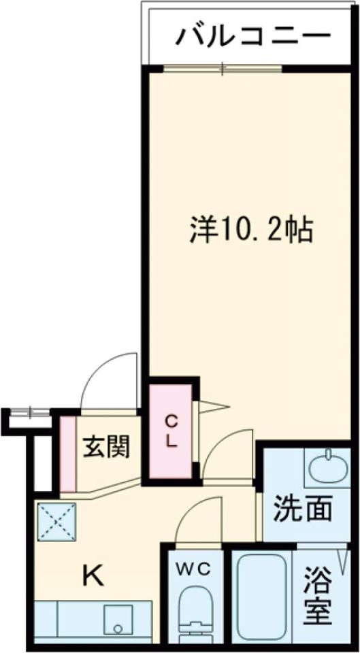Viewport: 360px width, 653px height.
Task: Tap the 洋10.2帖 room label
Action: click(250, 231)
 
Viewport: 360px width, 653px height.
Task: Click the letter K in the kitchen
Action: click(93, 576)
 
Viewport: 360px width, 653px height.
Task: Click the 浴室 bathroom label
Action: click(318, 597)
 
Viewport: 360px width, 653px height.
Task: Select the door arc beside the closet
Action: click(229, 452)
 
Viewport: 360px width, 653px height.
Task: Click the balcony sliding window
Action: click(223, 67)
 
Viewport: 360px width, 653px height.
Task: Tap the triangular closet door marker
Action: click(212, 407)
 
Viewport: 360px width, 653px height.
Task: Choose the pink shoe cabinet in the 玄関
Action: click(67, 453)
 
